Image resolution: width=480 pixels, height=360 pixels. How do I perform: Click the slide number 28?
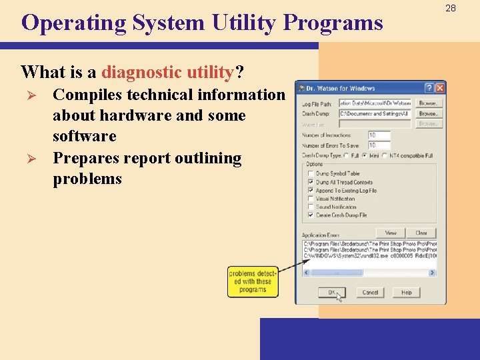451,8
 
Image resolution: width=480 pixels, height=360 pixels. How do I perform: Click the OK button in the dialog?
332,292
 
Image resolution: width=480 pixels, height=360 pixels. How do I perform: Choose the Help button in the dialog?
406,292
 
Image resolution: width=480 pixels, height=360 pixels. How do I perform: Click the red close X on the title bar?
440,88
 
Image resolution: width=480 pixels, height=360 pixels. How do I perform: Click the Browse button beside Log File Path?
428,103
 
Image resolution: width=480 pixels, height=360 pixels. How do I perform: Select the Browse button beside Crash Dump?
428,114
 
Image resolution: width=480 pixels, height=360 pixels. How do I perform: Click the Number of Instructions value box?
379,135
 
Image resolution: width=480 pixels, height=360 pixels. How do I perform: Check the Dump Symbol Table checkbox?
311,173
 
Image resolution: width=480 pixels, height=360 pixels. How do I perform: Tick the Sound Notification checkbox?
311,207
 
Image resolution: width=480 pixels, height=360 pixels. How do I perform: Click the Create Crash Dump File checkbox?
311,215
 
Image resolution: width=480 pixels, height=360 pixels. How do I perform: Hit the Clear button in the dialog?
421,233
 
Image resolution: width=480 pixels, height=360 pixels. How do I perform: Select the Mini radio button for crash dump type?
364,155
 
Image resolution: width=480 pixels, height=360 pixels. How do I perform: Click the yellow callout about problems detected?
252,281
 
